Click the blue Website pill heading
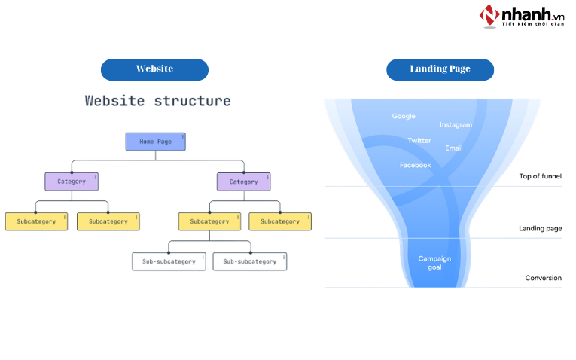(154, 69)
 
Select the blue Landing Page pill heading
(440, 69)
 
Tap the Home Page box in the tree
(155, 141)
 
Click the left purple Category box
(72, 182)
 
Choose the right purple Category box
(243, 182)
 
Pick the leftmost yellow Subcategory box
(36, 221)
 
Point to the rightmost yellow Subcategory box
(280, 221)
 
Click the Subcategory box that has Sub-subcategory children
(209, 221)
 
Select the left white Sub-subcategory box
(169, 261)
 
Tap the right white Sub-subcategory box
(249, 261)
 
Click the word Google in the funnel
(404, 116)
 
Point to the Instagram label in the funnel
(456, 124)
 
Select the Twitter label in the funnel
(419, 141)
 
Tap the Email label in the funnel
(453, 148)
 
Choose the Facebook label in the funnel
(415, 165)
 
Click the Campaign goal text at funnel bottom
(434, 263)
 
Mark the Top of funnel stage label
(540, 177)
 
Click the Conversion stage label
(543, 278)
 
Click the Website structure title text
(157, 101)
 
